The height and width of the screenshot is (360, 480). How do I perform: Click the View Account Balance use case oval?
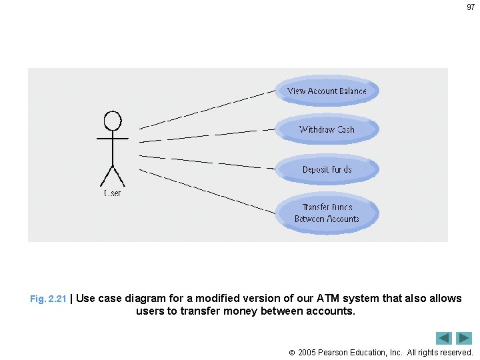(x=327, y=91)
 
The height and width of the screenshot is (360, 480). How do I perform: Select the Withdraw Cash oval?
(x=327, y=129)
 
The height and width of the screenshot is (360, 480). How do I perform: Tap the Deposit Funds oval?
(x=327, y=169)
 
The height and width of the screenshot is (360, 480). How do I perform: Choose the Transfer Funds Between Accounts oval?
(x=327, y=213)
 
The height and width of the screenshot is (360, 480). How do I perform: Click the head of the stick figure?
(x=113, y=121)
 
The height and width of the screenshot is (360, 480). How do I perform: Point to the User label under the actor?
(x=112, y=193)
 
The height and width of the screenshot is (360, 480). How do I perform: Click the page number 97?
(x=471, y=7)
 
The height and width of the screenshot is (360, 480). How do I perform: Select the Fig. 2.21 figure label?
(x=48, y=299)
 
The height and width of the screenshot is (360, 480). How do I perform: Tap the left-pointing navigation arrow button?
(x=444, y=338)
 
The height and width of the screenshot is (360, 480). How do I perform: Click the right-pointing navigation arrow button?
(x=464, y=338)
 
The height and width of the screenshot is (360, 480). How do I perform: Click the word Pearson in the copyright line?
(x=335, y=352)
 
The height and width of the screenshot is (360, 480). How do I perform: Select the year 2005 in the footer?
(x=308, y=352)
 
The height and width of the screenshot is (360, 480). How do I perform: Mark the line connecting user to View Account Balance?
(x=207, y=109)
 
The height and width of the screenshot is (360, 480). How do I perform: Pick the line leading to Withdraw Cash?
(x=207, y=135)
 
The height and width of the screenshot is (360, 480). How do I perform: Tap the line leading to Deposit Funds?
(x=207, y=162)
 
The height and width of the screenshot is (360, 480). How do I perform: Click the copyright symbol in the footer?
(x=292, y=352)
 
